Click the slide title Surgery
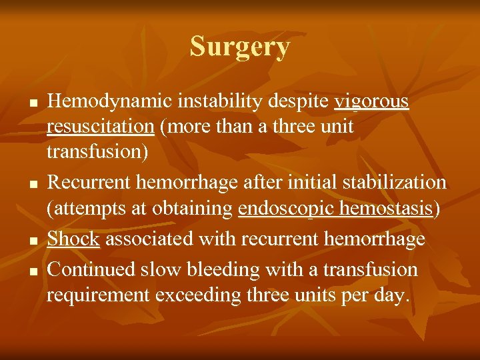[x=240, y=47]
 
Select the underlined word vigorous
[x=371, y=101]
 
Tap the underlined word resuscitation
[x=100, y=127]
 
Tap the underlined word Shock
[x=73, y=238]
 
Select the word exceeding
[x=208, y=295]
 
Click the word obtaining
[x=194, y=209]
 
